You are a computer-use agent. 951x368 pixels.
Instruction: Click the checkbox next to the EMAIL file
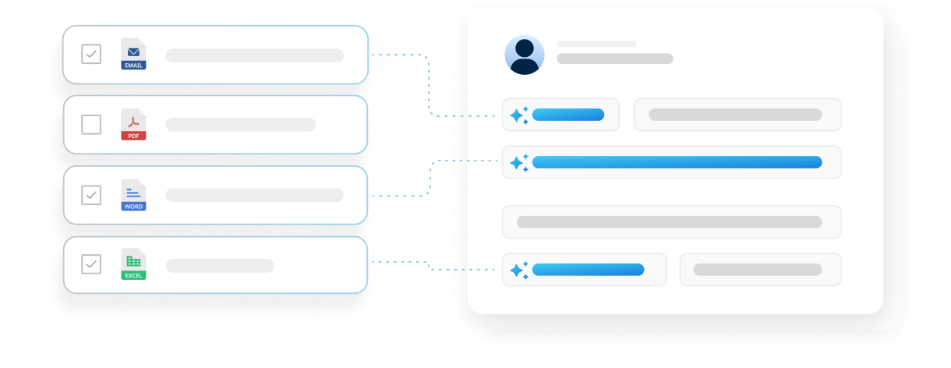pos(91,54)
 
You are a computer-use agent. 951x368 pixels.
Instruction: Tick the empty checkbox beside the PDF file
pos(91,125)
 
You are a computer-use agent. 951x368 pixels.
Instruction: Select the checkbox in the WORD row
pos(91,195)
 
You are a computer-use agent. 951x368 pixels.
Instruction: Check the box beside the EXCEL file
pos(91,264)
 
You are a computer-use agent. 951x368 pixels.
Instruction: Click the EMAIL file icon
pos(133,54)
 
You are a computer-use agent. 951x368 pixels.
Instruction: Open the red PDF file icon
pos(133,125)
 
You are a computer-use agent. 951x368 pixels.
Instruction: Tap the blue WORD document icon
pos(133,195)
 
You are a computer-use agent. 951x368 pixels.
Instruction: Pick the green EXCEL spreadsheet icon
pos(133,264)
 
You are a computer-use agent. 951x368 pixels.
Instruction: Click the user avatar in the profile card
pos(524,55)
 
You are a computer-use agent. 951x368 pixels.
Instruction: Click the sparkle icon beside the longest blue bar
pos(518,162)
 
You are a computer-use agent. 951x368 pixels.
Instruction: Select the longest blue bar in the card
pos(677,162)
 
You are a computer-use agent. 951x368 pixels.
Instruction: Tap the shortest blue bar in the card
pos(567,115)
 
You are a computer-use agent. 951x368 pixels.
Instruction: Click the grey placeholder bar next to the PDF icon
pos(240,125)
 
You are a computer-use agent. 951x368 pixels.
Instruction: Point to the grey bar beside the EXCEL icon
pos(220,265)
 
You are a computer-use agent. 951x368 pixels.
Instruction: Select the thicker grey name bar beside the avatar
pos(614,58)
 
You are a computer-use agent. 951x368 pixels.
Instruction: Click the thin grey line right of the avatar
pos(596,44)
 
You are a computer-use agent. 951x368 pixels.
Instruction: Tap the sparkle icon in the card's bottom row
pos(518,270)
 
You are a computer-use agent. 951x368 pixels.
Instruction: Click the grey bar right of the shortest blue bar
pos(735,115)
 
